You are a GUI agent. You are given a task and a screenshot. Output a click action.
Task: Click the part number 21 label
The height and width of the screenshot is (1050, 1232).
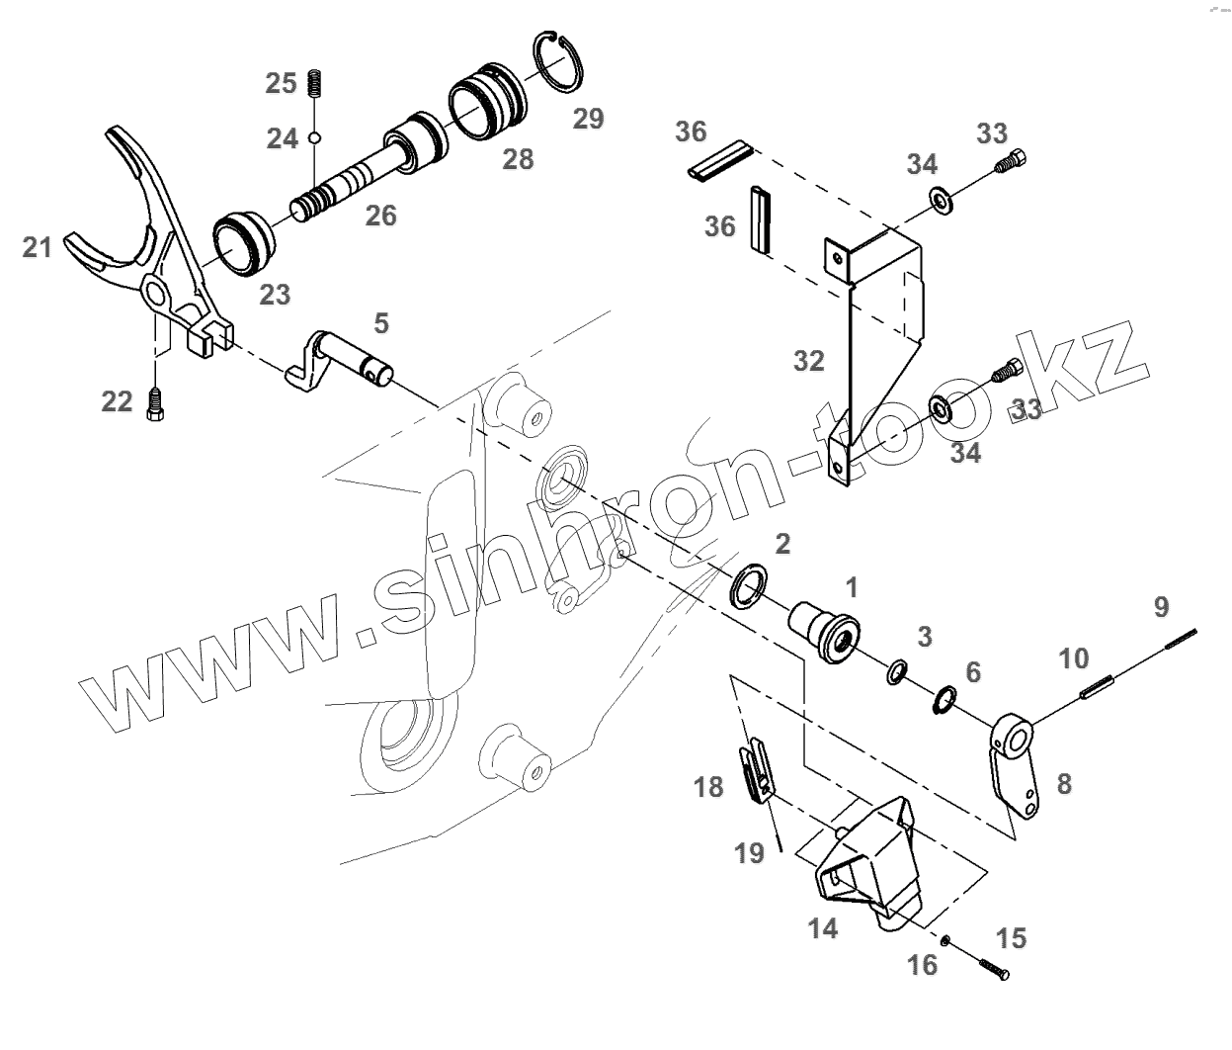point(38,247)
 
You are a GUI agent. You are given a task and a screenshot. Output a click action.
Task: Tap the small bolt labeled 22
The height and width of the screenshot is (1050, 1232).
point(153,402)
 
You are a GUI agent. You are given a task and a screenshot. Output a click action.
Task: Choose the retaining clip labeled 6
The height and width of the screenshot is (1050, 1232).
point(944,701)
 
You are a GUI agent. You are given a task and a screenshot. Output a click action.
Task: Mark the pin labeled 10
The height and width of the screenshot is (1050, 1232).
point(1098,685)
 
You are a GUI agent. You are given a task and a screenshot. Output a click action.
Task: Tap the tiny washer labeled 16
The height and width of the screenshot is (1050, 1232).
point(945,940)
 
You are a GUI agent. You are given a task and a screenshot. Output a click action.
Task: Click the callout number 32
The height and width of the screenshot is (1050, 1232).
point(808,361)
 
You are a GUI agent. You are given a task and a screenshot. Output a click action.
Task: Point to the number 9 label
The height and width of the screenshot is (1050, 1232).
point(1161,605)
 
